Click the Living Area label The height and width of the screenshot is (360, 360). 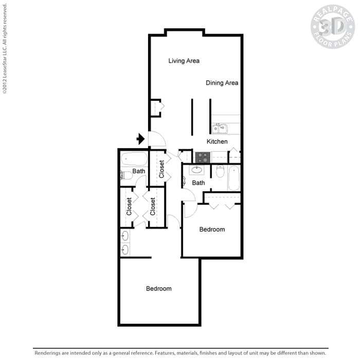184,61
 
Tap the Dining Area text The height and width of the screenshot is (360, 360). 222,82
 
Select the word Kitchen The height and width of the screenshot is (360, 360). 217,141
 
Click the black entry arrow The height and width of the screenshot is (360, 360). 140,139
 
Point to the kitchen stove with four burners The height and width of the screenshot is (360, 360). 202,157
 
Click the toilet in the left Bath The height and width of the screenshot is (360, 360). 126,175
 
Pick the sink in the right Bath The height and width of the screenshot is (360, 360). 196,170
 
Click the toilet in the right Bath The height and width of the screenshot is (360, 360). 220,172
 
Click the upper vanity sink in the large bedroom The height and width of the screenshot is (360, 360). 125,236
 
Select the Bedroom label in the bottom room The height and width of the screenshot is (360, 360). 158,289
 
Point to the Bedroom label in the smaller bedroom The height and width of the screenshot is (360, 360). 212,229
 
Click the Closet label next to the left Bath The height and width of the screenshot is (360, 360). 161,169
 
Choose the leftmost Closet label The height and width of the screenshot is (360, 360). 129,206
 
